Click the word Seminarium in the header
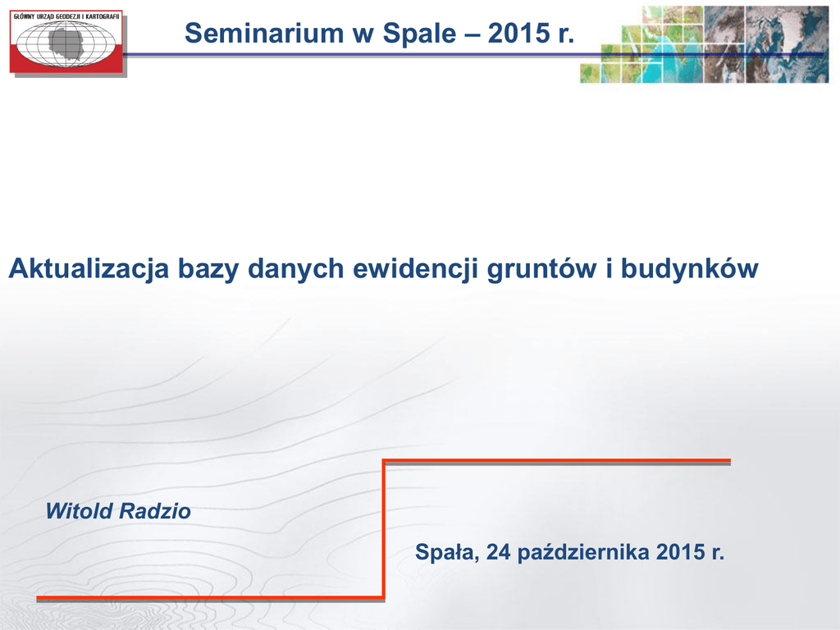tap(264, 33)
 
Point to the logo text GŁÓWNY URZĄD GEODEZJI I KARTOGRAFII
tap(66, 16)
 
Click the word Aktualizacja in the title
tap(89, 268)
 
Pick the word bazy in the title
tap(208, 269)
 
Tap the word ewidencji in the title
tap(415, 268)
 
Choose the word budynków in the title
tap(689, 268)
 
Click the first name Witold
tap(80, 511)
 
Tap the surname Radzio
tap(155, 511)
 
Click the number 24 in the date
tap(499, 552)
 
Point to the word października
tap(583, 553)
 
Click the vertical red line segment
tap(384, 529)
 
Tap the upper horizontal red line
tap(557, 461)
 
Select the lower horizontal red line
tap(211, 597)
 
